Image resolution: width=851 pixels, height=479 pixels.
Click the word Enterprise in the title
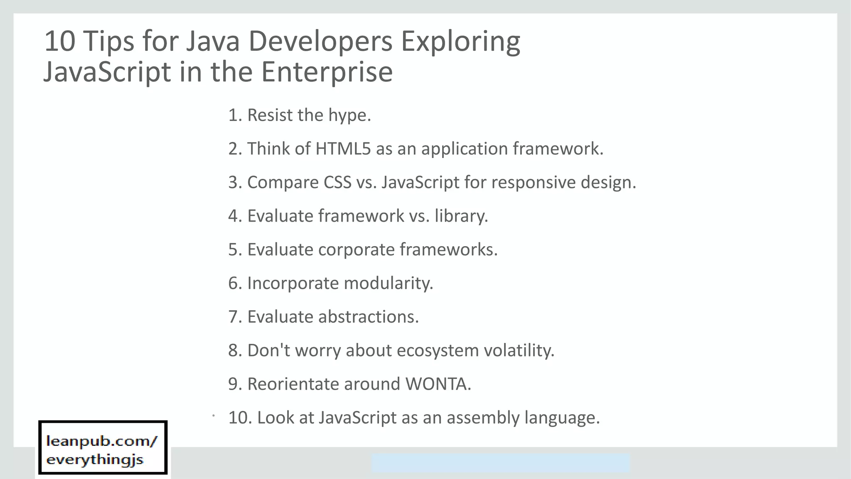[327, 72]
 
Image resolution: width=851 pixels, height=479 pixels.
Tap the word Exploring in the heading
[460, 42]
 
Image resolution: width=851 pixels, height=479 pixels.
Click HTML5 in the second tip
[343, 149]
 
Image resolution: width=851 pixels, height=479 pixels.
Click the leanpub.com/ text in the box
[102, 441]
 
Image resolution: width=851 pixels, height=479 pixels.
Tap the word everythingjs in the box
[95, 459]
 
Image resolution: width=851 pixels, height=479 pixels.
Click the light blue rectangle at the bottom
[500, 463]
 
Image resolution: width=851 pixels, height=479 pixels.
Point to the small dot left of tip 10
[213, 415]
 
